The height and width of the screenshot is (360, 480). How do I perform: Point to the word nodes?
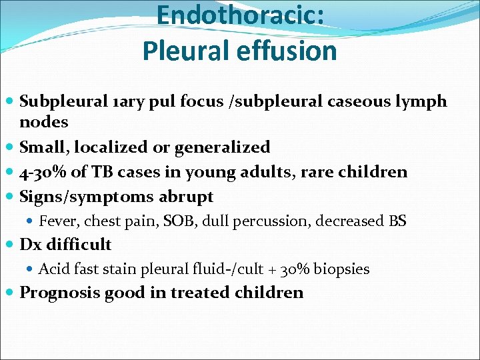coord(44,122)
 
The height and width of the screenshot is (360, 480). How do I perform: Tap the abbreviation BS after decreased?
coord(397,221)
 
